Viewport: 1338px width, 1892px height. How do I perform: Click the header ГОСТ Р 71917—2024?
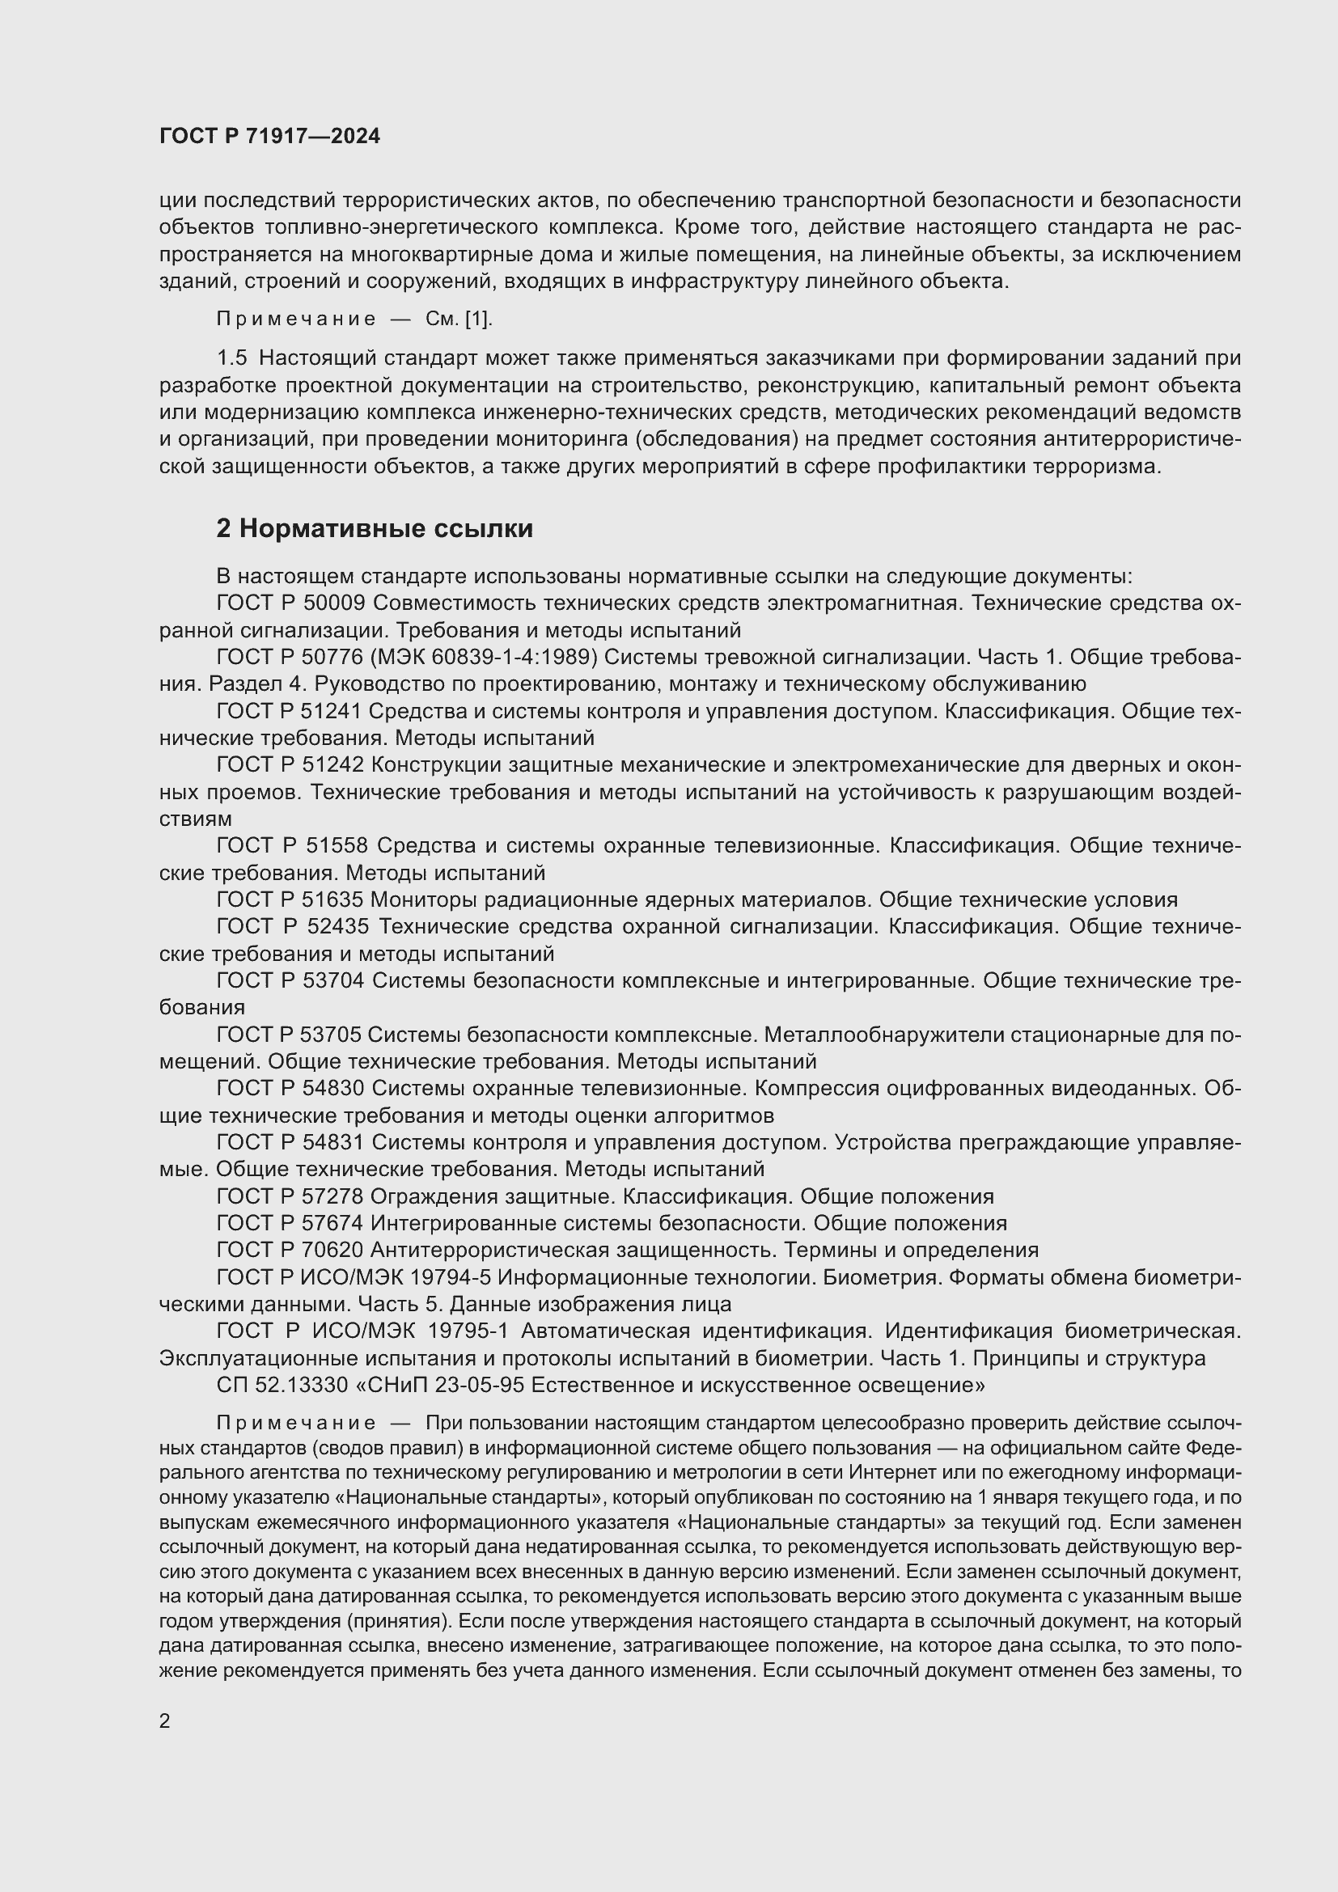pyautogui.click(x=269, y=137)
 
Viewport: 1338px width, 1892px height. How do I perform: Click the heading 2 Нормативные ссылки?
pyautogui.click(x=374, y=528)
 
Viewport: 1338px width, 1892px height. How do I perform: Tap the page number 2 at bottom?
pyautogui.click(x=165, y=1721)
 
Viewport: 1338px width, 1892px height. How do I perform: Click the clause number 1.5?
pyautogui.click(x=231, y=358)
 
